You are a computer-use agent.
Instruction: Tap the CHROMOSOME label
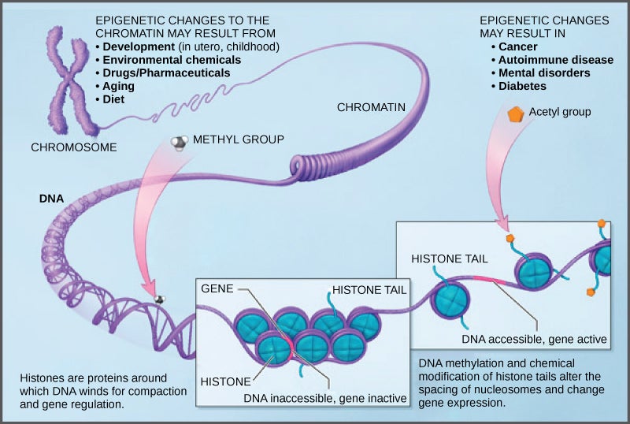[x=74, y=147]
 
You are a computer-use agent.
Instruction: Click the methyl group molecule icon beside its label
[x=180, y=142]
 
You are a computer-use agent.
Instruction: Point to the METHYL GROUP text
[x=239, y=139]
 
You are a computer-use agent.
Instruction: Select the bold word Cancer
[x=517, y=46]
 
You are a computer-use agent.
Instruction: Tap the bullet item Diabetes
[x=523, y=86]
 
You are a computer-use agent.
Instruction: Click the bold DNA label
[x=51, y=199]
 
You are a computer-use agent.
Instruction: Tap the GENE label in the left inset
[x=217, y=288]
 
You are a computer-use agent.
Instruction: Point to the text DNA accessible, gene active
[x=535, y=340]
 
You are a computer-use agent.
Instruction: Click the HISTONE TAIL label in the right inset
[x=449, y=258]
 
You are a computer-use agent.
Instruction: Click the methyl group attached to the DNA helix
[x=160, y=299]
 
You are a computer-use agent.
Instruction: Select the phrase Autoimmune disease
[x=555, y=59]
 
